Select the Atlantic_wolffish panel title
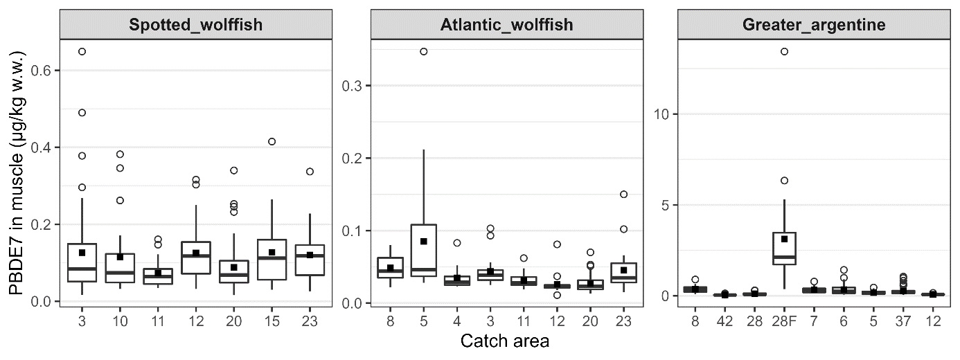pyautogui.click(x=506, y=26)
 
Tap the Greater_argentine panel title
pyautogui.click(x=814, y=26)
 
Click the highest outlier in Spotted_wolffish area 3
pyautogui.click(x=82, y=51)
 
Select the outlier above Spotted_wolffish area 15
pyautogui.click(x=272, y=141)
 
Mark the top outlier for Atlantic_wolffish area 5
pyautogui.click(x=424, y=51)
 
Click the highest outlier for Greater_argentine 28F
pyautogui.click(x=784, y=51)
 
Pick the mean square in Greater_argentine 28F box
pyautogui.click(x=784, y=239)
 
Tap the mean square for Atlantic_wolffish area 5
pyautogui.click(x=424, y=242)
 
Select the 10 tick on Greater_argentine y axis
pyautogui.click(x=663, y=114)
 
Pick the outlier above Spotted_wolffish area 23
pyautogui.click(x=310, y=171)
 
